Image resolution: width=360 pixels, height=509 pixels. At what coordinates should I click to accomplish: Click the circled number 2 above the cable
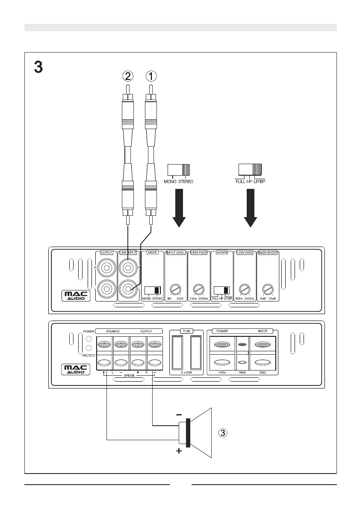127,76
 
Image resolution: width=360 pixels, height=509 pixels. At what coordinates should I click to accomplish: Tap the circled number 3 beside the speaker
224,433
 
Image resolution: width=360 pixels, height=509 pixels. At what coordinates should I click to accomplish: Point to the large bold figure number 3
38,67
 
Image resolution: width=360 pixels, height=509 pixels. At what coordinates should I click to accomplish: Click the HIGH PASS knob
198,288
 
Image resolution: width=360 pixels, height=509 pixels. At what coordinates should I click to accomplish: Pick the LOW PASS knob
244,288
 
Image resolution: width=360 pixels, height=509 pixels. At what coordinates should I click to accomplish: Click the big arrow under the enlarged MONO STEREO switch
179,209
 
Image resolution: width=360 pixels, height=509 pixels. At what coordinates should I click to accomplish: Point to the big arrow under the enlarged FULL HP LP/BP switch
251,209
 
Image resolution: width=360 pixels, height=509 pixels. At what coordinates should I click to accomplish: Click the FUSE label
186,331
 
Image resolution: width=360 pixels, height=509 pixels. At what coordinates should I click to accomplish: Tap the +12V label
221,373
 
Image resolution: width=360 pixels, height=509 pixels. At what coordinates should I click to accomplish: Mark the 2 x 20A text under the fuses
186,373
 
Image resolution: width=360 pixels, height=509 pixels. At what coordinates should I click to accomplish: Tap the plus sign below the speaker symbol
179,452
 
